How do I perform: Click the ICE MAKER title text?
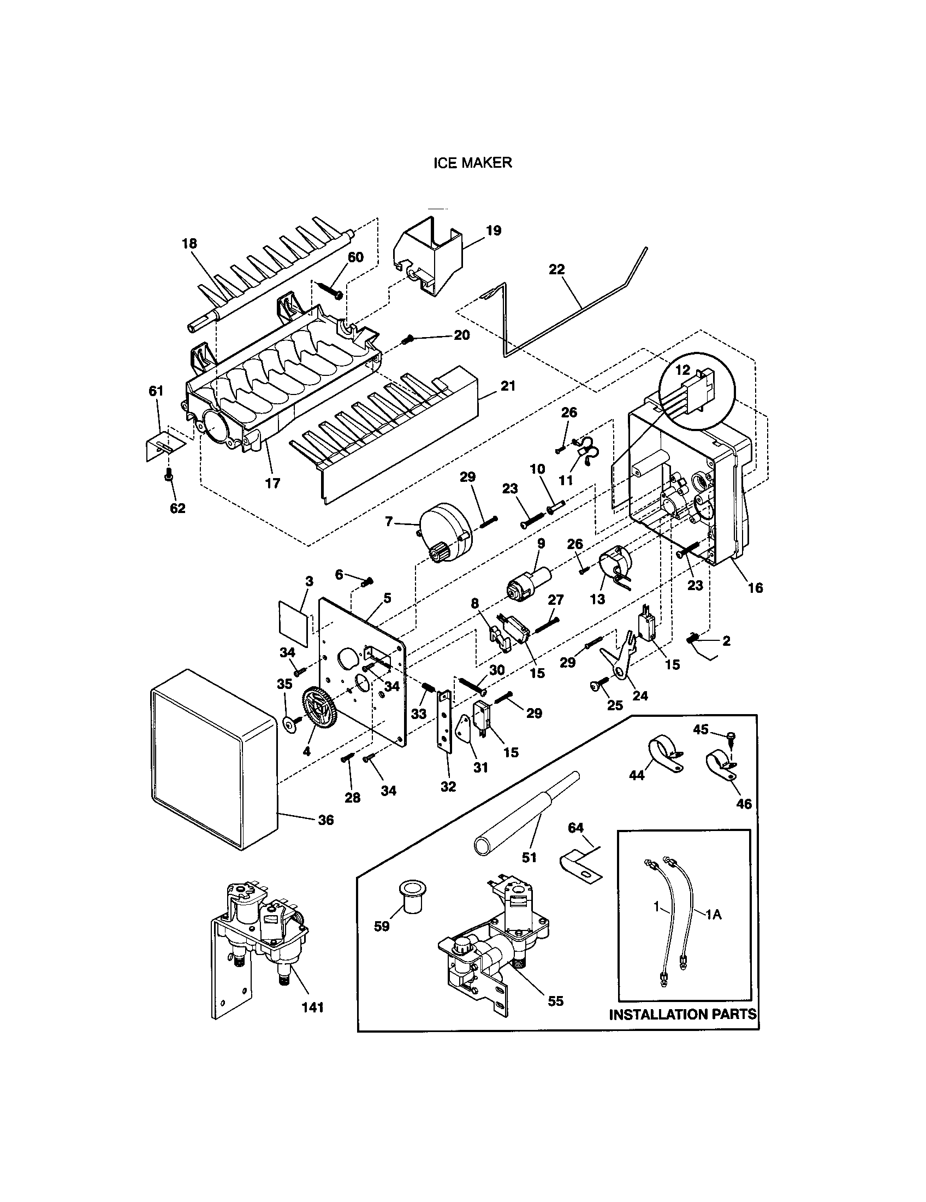[x=472, y=163]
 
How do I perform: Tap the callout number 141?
[x=312, y=1007]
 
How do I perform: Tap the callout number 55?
[x=556, y=1001]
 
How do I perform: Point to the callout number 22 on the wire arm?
[x=556, y=270]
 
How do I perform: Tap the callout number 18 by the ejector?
[x=189, y=243]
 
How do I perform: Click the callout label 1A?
[x=713, y=915]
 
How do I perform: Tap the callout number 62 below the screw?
[x=177, y=508]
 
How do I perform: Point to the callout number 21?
[x=508, y=386]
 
